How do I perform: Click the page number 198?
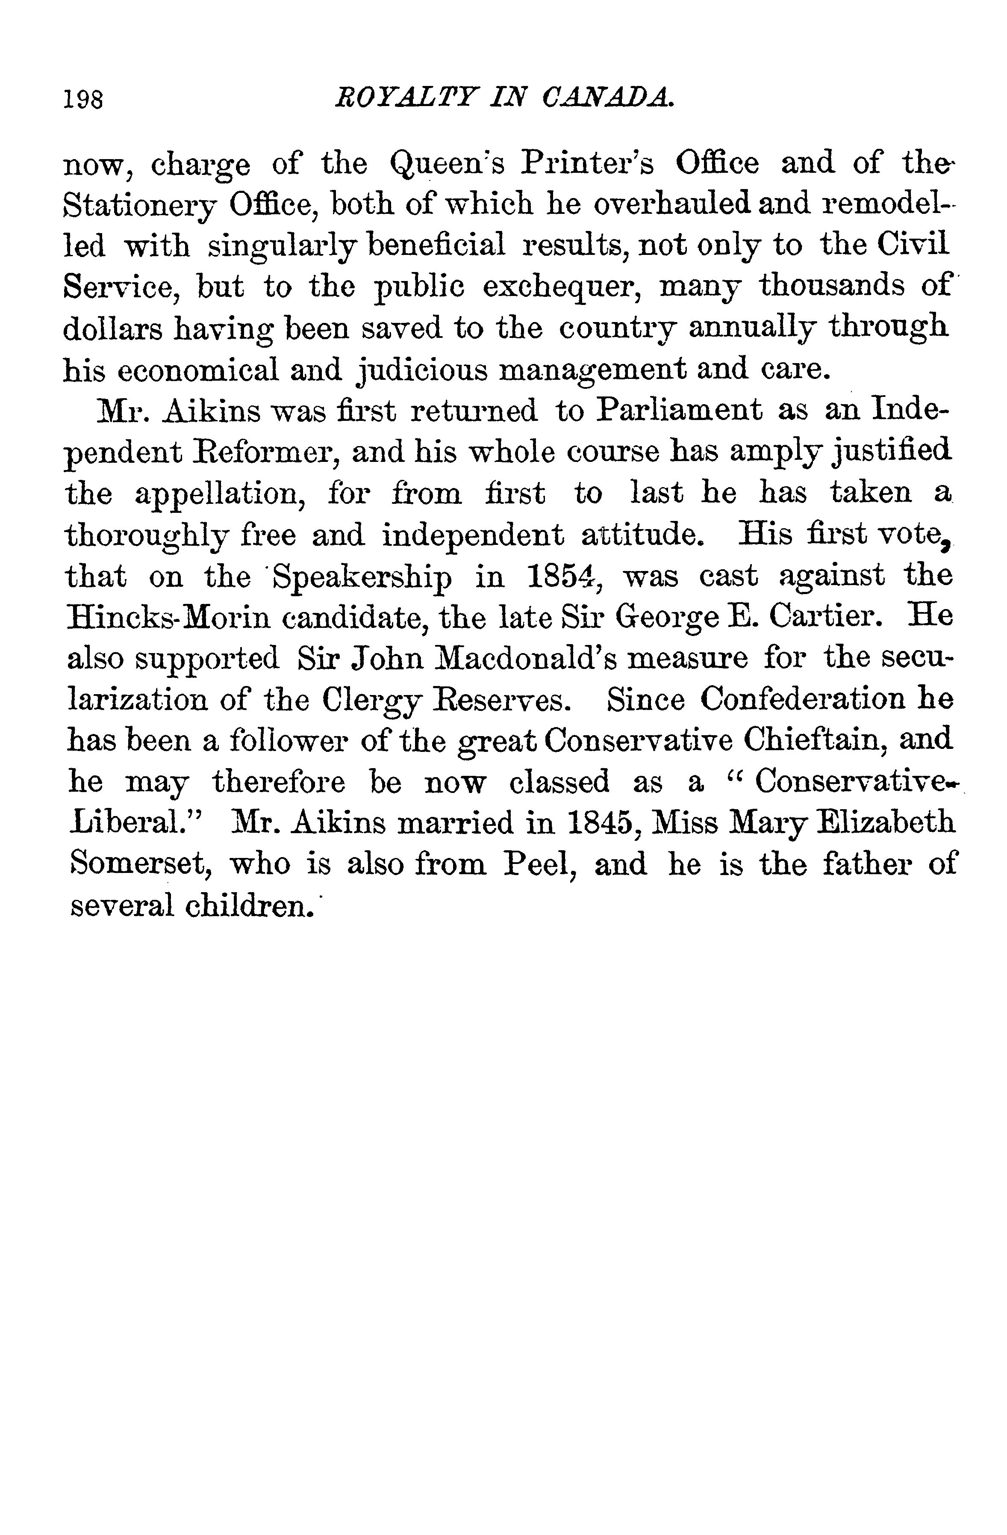coord(84,100)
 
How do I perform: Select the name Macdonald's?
coord(518,659)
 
